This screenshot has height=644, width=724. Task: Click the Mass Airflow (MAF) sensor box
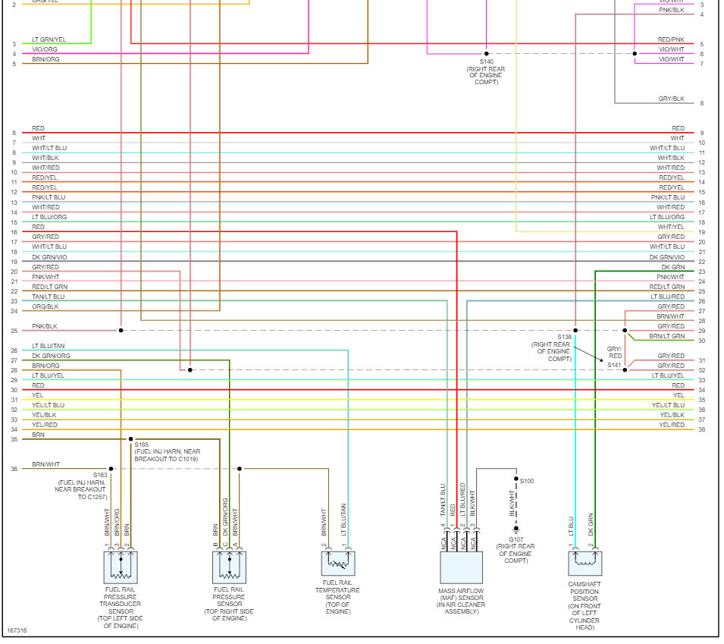point(461,567)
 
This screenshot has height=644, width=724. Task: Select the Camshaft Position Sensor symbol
point(585,564)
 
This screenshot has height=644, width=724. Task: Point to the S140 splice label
point(486,61)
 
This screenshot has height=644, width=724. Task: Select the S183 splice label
point(100,475)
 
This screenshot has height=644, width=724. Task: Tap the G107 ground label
point(516,539)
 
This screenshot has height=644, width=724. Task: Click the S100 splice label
point(527,481)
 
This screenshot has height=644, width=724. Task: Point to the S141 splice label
point(614,365)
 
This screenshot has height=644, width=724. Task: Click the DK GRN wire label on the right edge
point(672,267)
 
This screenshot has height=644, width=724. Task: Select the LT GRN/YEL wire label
point(49,39)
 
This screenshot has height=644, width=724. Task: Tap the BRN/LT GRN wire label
point(667,336)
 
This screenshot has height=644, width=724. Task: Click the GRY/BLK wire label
point(671,99)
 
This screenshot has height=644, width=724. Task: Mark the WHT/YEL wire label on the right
point(671,227)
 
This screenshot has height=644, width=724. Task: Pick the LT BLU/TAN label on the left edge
point(48,346)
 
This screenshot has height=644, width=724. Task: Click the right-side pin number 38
point(701,429)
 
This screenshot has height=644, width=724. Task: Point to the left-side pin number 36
point(14,469)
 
